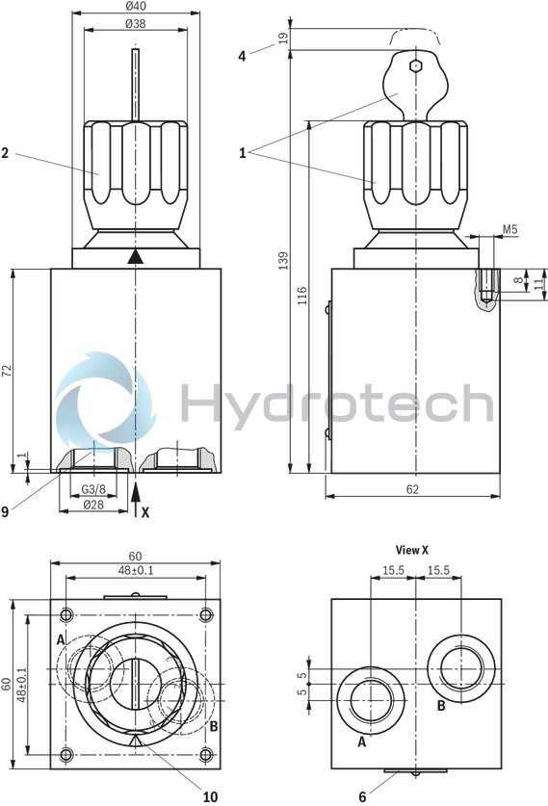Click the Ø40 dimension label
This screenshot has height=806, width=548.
pyautogui.click(x=136, y=7)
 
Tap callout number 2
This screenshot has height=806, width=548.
pyautogui.click(x=6, y=151)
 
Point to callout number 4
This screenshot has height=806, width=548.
pyautogui.click(x=242, y=56)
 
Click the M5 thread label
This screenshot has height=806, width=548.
pyautogui.click(x=509, y=229)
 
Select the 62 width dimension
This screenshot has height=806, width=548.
pyautogui.click(x=412, y=489)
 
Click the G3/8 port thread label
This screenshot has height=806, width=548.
pyautogui.click(x=92, y=489)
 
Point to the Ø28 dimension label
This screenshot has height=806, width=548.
pyautogui.click(x=92, y=504)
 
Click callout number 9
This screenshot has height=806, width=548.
pyautogui.click(x=6, y=511)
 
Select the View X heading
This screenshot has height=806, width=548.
pyautogui.click(x=412, y=550)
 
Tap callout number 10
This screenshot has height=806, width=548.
pyautogui.click(x=210, y=795)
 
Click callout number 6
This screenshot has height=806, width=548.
pyautogui.click(x=362, y=795)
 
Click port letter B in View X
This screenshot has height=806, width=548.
pyautogui.click(x=441, y=705)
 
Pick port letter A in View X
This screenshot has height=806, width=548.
pyautogui.click(x=362, y=741)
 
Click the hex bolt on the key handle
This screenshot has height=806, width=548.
pyautogui.click(x=414, y=65)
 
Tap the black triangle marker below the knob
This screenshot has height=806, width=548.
pyautogui.click(x=136, y=256)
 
